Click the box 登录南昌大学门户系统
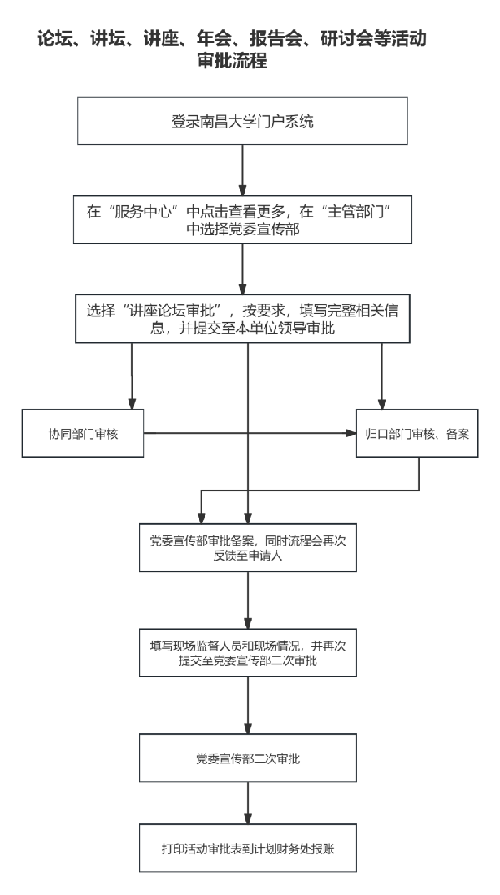pos(242,120)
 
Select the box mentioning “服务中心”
pos(242,219)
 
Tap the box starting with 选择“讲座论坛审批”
pos(242,319)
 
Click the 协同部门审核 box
pos(83,433)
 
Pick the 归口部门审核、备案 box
pos(417,433)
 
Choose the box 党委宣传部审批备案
pos(248,547)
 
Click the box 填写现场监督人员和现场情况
pos(248,653)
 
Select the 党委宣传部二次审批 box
pos(248,758)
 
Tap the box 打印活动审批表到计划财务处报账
pos(248,848)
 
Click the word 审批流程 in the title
pos(232,61)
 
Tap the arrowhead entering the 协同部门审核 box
pos(132,404)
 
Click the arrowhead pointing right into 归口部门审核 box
pos(351,433)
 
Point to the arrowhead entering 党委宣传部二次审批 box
pos(248,729)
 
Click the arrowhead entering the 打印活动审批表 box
pos(248,818)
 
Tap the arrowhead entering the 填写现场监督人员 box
pos(248,624)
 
